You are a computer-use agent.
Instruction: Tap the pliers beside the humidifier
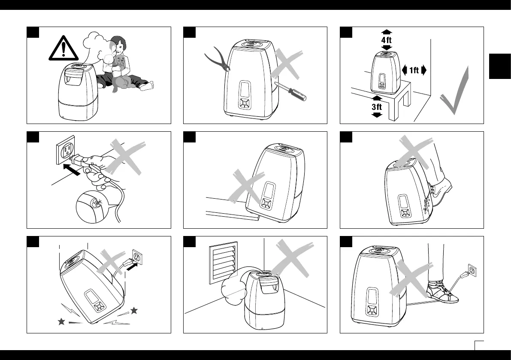(x=216, y=60)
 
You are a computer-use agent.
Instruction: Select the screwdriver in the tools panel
(x=293, y=93)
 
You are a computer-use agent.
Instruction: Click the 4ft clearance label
(x=387, y=39)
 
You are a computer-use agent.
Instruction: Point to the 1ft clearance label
(x=414, y=70)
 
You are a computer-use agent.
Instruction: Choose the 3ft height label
(x=377, y=107)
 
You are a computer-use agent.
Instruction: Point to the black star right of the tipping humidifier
(x=134, y=310)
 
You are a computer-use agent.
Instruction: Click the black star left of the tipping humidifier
(x=61, y=322)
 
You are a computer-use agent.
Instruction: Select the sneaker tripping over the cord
(x=442, y=293)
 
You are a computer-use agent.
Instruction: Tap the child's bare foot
(x=147, y=86)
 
